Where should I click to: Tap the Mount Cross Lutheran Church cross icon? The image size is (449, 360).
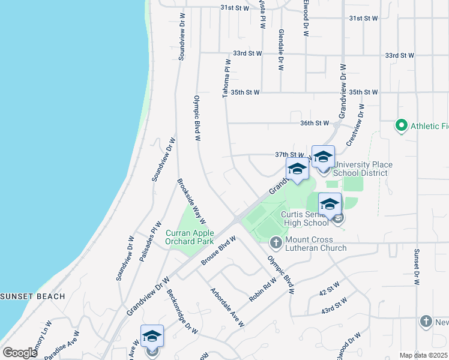click(276, 242)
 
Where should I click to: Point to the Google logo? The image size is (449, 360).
click(20, 353)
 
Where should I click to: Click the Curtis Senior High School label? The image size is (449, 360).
click(306, 218)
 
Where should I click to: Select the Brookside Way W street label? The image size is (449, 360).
click(191, 201)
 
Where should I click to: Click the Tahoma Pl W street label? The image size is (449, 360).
click(227, 79)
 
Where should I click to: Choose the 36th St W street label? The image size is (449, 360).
click(315, 123)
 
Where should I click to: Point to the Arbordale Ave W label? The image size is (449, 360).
click(227, 307)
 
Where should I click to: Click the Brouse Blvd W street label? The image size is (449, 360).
click(218, 250)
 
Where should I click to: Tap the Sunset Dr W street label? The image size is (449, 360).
click(415, 266)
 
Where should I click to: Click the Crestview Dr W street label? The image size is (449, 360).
click(356, 125)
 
